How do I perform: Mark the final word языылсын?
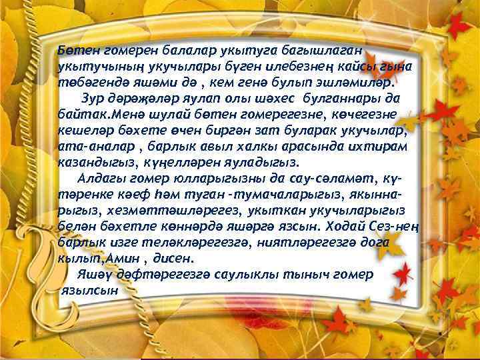click(x=91, y=290)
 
